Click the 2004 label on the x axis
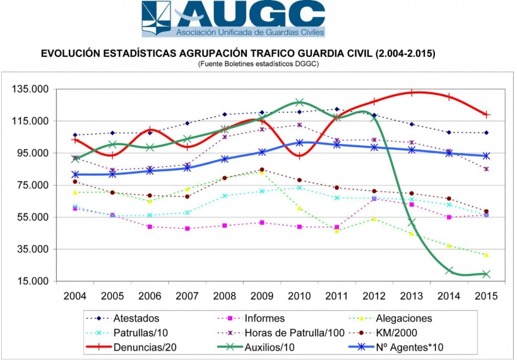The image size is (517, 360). tap(74, 295)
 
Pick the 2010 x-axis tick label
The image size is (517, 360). tap(299, 295)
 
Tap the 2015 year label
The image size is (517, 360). tap(486, 295)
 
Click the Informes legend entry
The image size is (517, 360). tap(264, 318)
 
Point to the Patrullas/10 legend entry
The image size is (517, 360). tap(140, 332)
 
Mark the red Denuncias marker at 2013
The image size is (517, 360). tap(412, 92)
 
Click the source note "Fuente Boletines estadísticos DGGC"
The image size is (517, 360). tap(258, 64)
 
